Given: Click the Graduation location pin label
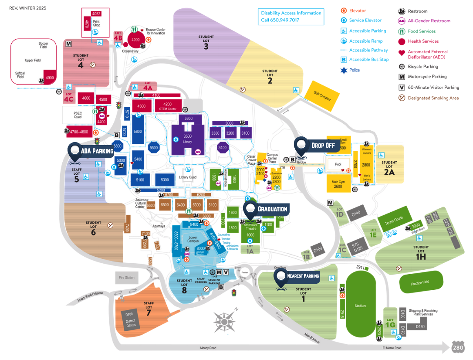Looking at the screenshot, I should pyautogui.click(x=272, y=209).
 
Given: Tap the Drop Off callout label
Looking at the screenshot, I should pyautogui.click(x=322, y=145).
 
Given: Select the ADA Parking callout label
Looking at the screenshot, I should pyautogui.click(x=96, y=151).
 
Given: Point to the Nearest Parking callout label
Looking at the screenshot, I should pyautogui.click(x=302, y=275).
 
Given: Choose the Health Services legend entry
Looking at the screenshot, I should pyautogui.click(x=422, y=41).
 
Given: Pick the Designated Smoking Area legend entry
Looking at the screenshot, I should pyautogui.click(x=432, y=98).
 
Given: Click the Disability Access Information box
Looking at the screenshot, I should pyautogui.click(x=291, y=17).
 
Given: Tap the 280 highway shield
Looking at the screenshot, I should pyautogui.click(x=457, y=347).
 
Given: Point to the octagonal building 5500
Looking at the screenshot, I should pyautogui.click(x=153, y=148).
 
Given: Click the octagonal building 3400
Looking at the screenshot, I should pyautogui.click(x=222, y=148).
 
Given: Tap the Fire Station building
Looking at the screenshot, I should pyautogui.click(x=127, y=277).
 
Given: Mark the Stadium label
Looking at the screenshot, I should pyautogui.click(x=360, y=306).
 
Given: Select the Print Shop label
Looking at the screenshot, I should pyautogui.click(x=96, y=23).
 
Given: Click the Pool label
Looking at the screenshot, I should pyautogui.click(x=338, y=165).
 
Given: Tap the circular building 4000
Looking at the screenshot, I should pyautogui.click(x=135, y=40).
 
